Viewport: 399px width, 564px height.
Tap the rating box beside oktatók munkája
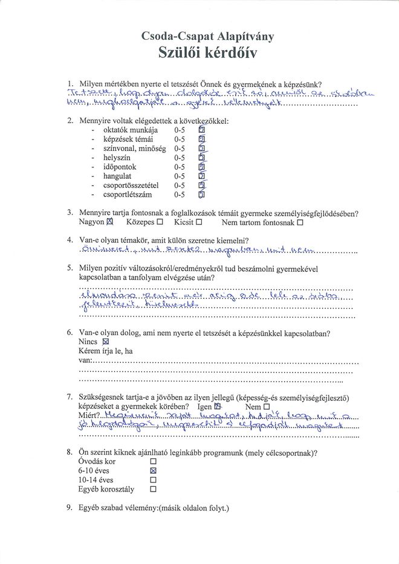pos(202,130)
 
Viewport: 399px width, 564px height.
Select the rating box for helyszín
pos(202,157)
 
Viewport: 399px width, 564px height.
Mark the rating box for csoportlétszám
pos(202,194)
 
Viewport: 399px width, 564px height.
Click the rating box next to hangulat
pos(202,176)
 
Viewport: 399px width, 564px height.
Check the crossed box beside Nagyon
pos(110,222)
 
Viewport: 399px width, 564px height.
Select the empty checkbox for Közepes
pos(160,222)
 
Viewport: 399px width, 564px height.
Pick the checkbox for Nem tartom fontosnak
pos(300,222)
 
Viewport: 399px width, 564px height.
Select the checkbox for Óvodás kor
pos(153,461)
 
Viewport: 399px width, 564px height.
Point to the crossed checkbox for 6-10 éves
pos(153,470)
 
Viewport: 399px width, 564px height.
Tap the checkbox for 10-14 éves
pos(153,480)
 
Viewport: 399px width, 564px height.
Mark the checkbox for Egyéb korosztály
pos(153,490)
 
